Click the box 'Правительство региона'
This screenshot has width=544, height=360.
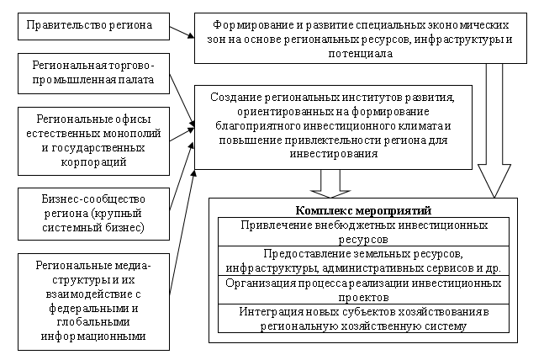90,26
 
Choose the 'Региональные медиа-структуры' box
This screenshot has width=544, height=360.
93,300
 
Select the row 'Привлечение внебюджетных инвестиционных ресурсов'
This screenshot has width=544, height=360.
363,232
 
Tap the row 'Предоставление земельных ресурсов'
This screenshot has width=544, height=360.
363,261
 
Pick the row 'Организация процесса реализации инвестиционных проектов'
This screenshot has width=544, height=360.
363,290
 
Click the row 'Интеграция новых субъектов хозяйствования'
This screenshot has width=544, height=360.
363,319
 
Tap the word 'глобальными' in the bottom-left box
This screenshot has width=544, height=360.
93,323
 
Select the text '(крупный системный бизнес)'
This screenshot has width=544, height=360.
93,220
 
